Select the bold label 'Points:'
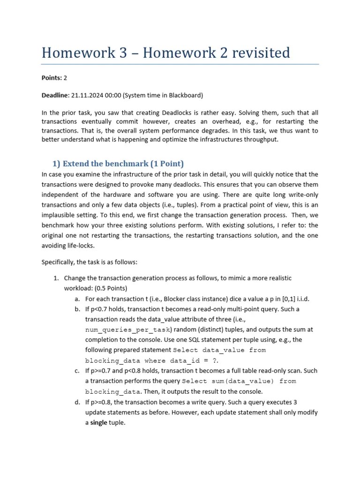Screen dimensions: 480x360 pyautogui.click(x=52, y=77)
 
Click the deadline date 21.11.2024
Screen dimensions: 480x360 pyautogui.click(x=87, y=95)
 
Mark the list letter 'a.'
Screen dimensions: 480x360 pyautogui.click(x=77, y=299)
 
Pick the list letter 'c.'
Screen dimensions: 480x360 pyautogui.click(x=77, y=371)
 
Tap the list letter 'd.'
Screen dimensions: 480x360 pyautogui.click(x=77, y=402)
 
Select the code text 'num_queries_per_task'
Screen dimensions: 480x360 pyautogui.click(x=128, y=330)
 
